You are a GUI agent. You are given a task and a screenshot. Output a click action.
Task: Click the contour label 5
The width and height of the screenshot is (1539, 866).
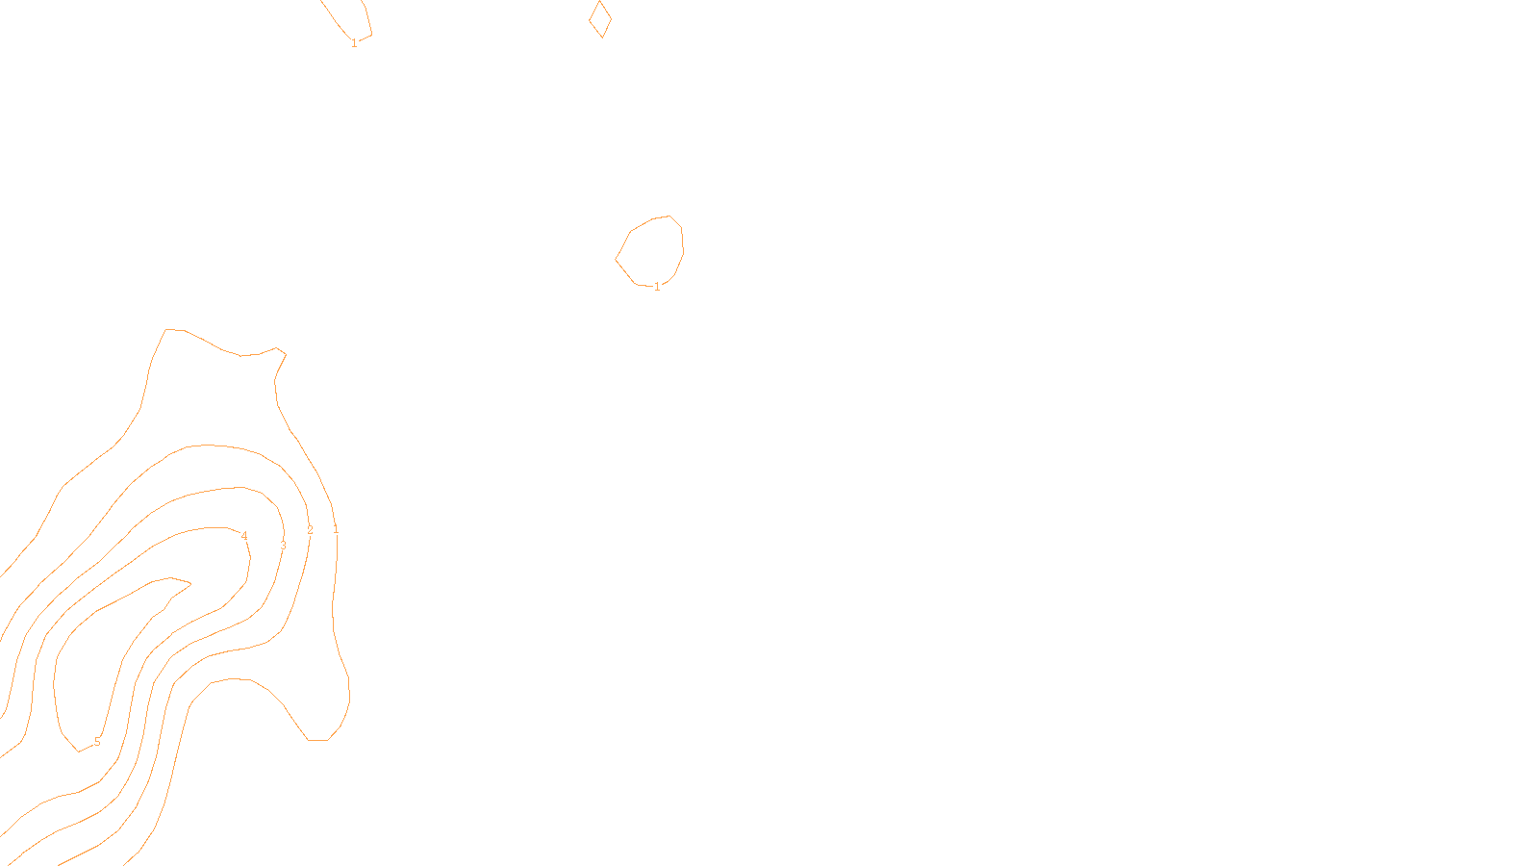(x=97, y=742)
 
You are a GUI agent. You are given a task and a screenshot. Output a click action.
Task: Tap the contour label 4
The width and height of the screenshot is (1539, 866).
(x=244, y=536)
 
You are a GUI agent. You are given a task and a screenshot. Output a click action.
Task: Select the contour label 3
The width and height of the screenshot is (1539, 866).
(x=283, y=546)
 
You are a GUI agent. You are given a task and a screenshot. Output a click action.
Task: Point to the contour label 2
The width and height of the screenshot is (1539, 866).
(x=310, y=530)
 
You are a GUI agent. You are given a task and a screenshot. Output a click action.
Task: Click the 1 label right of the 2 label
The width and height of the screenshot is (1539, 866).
(x=336, y=530)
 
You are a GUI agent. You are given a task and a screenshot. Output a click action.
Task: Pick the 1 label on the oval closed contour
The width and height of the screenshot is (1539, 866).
(x=657, y=287)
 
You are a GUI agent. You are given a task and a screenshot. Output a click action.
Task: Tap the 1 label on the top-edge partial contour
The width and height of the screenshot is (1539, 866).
(x=354, y=43)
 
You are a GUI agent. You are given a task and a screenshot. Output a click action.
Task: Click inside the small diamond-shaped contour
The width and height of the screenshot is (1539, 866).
(x=600, y=19)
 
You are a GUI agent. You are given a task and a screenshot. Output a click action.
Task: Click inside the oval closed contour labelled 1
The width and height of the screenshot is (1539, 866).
(x=651, y=251)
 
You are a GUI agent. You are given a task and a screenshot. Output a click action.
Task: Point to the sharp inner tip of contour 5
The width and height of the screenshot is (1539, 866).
(x=190, y=582)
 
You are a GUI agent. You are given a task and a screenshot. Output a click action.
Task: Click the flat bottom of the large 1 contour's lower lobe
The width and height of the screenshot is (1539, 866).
(x=318, y=740)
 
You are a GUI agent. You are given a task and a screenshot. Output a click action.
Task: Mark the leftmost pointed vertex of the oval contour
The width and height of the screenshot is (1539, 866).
(x=616, y=258)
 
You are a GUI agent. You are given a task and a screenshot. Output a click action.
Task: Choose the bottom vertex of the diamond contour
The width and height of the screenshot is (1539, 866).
(x=602, y=38)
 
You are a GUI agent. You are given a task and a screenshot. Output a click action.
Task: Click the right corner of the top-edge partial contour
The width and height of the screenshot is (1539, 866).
(x=372, y=35)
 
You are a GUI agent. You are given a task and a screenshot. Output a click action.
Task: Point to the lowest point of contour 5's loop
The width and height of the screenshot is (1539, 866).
(x=79, y=751)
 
